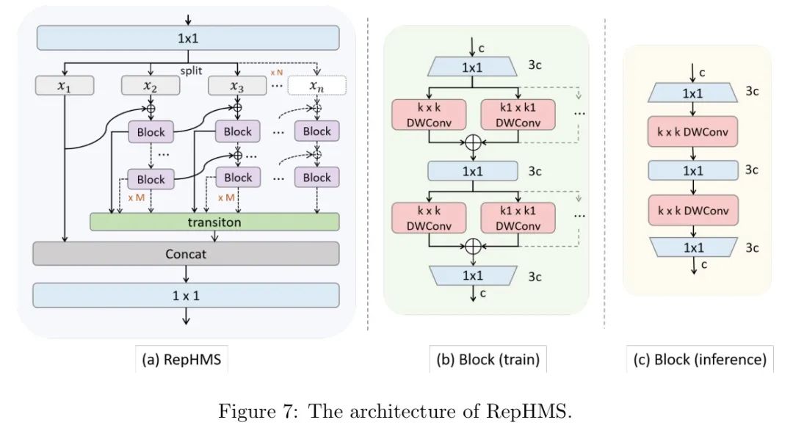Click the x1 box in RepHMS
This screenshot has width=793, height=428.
pyautogui.click(x=65, y=86)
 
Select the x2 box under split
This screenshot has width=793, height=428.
pyautogui.click(x=151, y=86)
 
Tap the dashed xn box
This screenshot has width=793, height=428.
pyautogui.click(x=317, y=86)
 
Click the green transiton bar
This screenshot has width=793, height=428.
pyautogui.click(x=214, y=222)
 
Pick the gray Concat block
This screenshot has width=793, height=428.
pyautogui.click(x=186, y=253)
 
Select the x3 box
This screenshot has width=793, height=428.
pyautogui.click(x=237, y=86)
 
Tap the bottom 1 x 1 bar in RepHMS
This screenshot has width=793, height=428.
pyautogui.click(x=186, y=294)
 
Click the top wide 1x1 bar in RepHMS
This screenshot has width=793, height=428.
pyautogui.click(x=188, y=37)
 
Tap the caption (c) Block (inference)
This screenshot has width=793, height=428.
pyautogui.click(x=698, y=360)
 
